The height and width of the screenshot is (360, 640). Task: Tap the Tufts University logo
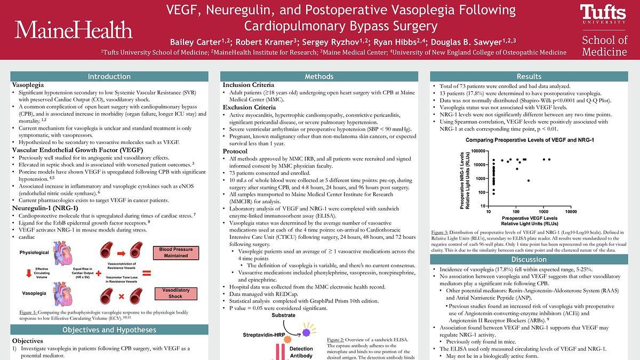(x=604, y=14)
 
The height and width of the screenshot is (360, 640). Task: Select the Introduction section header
(x=109, y=77)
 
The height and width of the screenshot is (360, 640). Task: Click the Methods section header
(x=319, y=77)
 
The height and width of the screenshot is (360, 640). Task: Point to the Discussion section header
(x=529, y=259)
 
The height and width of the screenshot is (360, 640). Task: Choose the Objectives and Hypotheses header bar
(x=109, y=330)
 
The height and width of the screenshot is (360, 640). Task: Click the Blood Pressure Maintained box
(x=177, y=252)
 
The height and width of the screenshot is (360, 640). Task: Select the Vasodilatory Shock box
(x=177, y=294)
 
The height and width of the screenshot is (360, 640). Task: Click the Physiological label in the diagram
(x=34, y=252)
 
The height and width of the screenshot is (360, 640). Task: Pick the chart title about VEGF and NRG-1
(x=530, y=140)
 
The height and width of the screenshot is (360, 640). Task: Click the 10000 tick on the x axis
(x=571, y=211)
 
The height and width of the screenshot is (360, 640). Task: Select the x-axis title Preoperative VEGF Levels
(x=530, y=218)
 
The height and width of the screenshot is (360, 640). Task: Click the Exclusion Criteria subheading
(x=250, y=107)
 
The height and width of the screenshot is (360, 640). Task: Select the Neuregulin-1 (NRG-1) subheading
(x=45, y=208)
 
